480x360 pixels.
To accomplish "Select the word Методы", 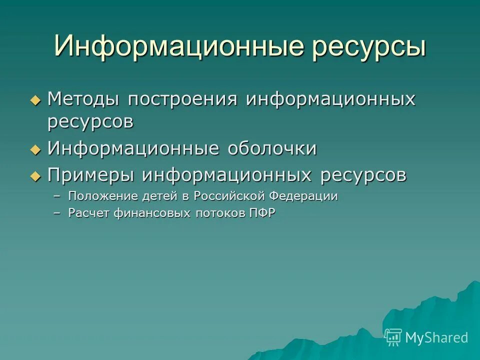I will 83,99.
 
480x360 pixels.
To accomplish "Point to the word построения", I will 182,99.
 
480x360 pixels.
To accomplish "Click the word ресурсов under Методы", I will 90,122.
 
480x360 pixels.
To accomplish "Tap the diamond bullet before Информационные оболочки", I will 34,149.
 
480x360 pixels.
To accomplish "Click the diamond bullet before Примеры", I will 34,175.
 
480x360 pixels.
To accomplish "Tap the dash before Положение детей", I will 57,196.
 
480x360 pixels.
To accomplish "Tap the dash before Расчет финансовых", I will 57,213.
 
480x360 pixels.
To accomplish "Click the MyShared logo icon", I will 393,337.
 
